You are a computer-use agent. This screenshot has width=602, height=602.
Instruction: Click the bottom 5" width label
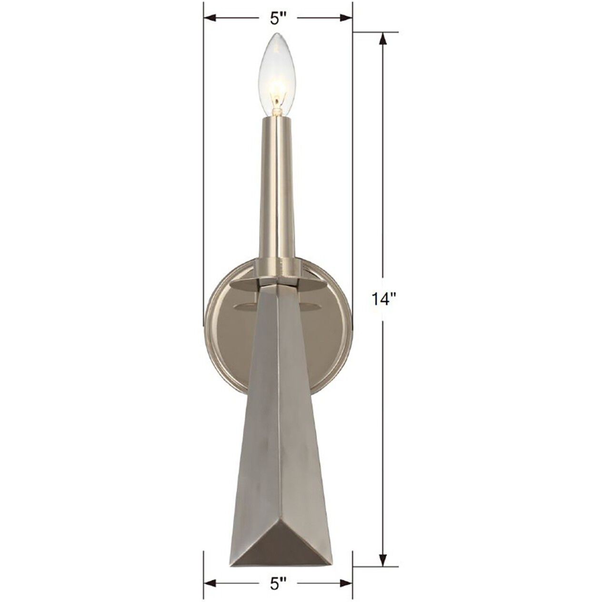278,583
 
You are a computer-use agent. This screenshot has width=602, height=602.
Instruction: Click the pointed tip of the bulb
276,34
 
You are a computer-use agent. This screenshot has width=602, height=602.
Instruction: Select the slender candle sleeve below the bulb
278,191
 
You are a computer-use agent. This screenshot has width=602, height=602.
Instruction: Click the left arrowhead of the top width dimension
210,18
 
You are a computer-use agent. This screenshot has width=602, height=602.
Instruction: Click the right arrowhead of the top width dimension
347,18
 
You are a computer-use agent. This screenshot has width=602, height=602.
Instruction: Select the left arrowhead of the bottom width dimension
210,583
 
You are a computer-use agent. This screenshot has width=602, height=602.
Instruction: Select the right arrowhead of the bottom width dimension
347,583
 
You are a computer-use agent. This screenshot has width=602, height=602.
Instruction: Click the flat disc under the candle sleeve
278,284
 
